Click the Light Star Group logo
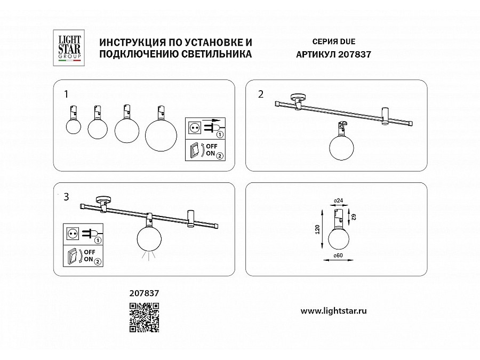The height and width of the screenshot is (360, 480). tap(69, 48)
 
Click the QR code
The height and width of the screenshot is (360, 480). tap(144, 317)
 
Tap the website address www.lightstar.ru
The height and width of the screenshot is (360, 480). tap(334, 311)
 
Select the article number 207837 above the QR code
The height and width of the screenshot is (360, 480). tap(144, 293)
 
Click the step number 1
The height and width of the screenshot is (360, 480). tap(66, 94)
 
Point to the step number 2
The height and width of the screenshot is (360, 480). tap(260, 94)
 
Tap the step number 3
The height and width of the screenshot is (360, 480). tap(66, 197)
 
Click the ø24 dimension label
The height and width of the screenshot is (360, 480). tap(338, 201)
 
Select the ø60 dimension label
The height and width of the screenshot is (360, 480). tap(338, 255)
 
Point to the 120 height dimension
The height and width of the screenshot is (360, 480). tap(317, 229)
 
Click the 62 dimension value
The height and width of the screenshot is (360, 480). tap(354, 217)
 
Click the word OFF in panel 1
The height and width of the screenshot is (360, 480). tap(212, 146)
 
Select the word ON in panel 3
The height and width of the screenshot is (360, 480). tap(88, 259)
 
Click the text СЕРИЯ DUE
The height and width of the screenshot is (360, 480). tap(334, 42)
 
